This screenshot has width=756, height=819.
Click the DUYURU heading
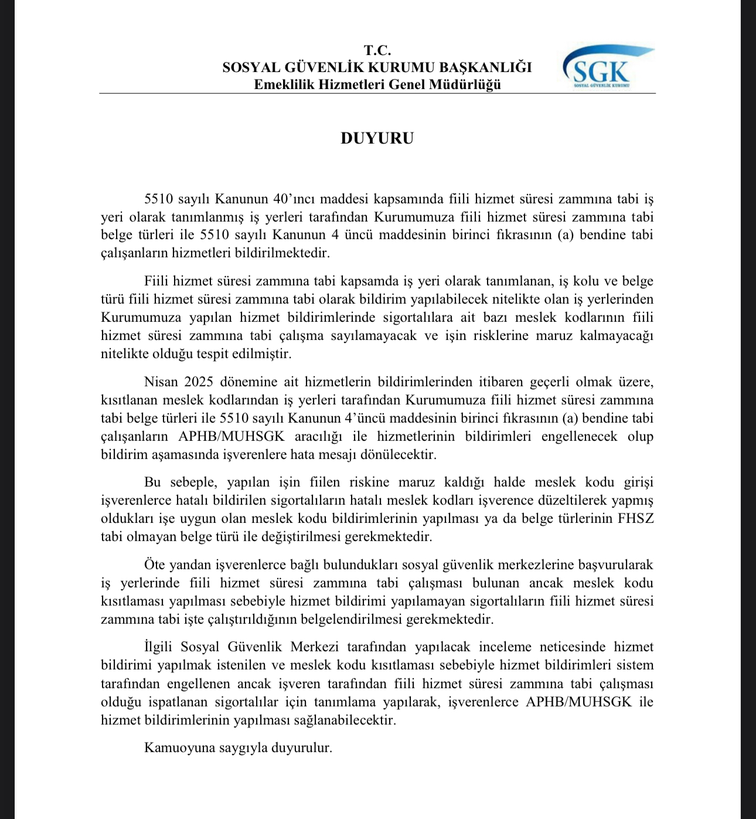[377, 138]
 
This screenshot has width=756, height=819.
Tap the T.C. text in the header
[377, 50]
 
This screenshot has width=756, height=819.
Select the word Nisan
[161, 382]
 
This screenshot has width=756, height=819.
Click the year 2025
[199, 382]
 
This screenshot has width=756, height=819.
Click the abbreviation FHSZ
[635, 519]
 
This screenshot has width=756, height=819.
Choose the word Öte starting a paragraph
[155, 565]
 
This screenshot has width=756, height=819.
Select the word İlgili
[159, 647]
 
